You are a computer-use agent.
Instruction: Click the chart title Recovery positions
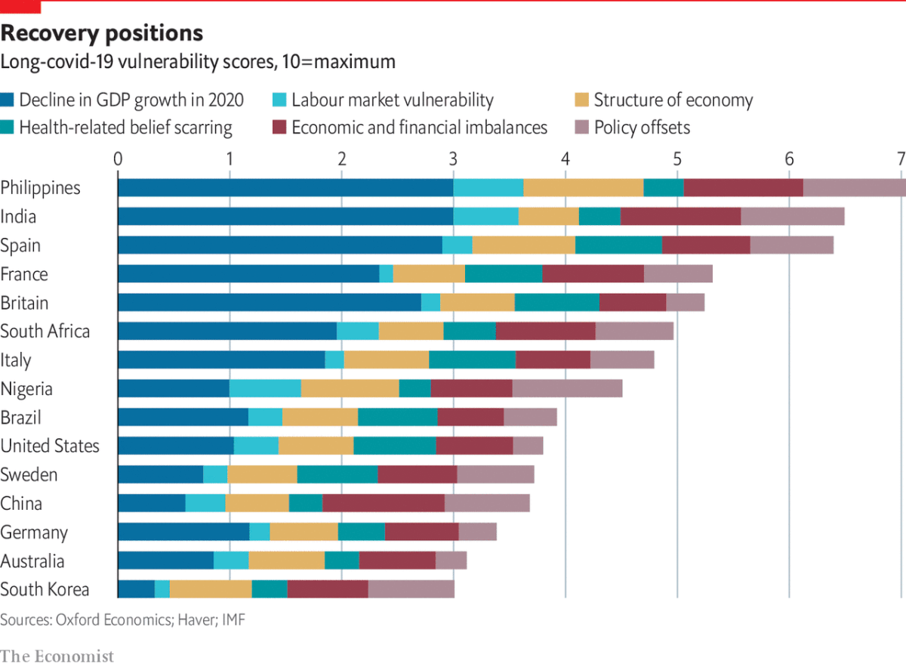tap(102, 33)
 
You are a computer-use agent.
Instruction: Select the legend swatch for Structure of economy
tap(581, 100)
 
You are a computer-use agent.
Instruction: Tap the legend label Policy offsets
tap(642, 127)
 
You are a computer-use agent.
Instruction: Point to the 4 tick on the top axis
tap(565, 159)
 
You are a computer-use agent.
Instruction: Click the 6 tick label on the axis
tap(789, 159)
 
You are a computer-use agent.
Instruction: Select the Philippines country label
tap(40, 187)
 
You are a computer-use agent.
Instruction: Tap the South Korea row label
tap(45, 589)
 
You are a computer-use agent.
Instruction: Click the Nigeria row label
tap(26, 388)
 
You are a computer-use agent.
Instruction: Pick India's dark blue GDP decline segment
tap(285, 216)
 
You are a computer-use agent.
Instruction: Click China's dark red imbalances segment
tap(384, 503)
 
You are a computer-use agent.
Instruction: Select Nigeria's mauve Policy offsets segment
tap(567, 388)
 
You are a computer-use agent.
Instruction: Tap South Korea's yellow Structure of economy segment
tap(211, 589)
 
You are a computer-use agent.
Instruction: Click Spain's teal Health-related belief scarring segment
tap(618, 245)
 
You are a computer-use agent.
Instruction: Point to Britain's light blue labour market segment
tap(430, 302)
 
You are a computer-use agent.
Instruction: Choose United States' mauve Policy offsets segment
tap(528, 446)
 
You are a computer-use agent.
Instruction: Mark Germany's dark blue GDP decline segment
tap(183, 532)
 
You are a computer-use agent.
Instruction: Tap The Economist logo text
tap(57, 655)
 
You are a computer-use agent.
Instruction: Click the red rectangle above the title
tap(20, 7)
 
